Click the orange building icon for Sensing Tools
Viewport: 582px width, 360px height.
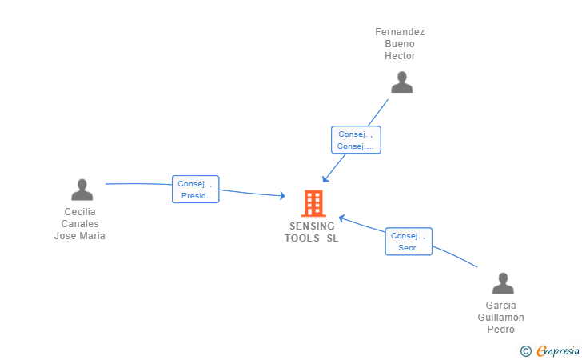click(x=313, y=203)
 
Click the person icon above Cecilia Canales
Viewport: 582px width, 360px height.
click(x=82, y=190)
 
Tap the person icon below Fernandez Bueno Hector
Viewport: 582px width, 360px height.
click(x=401, y=82)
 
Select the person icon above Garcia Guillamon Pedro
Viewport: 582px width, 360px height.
click(x=502, y=284)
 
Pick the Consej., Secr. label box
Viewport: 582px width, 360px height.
click(x=409, y=242)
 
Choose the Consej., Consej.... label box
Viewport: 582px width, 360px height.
click(x=356, y=140)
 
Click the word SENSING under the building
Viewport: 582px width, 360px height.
click(x=313, y=226)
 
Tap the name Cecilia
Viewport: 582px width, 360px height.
click(x=80, y=212)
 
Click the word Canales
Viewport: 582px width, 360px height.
click(x=80, y=224)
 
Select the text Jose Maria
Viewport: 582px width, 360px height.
click(x=80, y=236)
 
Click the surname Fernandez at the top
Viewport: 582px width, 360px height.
click(x=400, y=32)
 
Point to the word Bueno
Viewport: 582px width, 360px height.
click(x=400, y=44)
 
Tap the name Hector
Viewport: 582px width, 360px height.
click(x=400, y=56)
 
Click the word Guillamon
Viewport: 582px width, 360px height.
click(x=501, y=318)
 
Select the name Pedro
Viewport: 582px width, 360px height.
click(x=501, y=330)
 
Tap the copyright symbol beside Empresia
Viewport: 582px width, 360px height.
click(x=526, y=350)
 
